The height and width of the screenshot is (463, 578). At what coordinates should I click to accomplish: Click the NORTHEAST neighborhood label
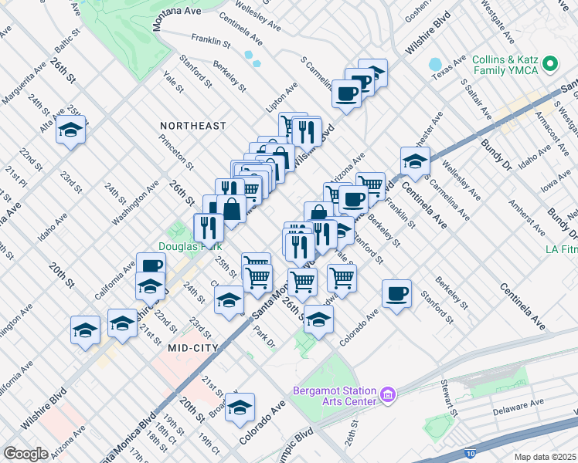(193, 126)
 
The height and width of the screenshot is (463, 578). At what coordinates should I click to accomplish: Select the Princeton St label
(175, 152)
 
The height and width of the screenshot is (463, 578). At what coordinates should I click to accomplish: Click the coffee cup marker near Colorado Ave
(396, 294)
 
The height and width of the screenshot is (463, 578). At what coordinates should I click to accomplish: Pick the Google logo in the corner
(26, 454)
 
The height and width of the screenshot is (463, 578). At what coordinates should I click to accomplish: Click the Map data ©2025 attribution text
(545, 457)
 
